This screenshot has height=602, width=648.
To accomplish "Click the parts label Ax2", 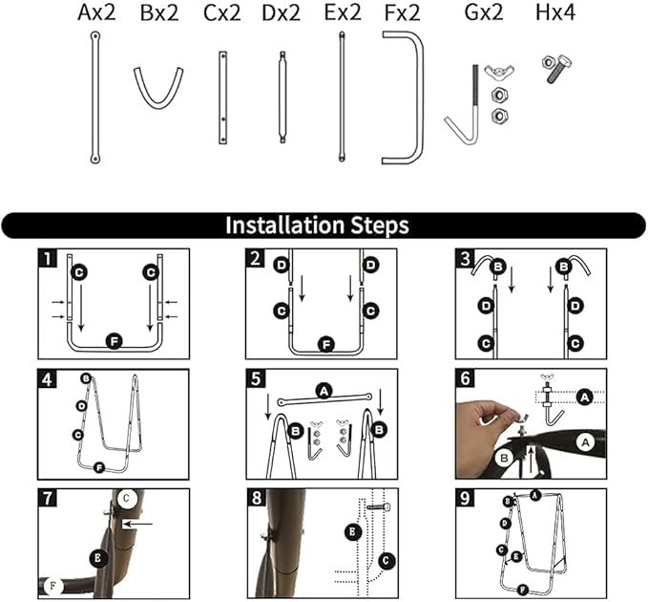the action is click(x=96, y=12).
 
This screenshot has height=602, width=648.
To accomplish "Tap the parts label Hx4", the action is click(x=555, y=12).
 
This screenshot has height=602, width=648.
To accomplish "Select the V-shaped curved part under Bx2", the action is click(x=158, y=88).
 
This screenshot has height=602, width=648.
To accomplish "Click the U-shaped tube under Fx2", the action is click(x=403, y=97).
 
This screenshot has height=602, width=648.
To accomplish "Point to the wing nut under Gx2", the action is click(x=499, y=70).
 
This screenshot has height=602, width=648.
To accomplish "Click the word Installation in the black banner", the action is click(x=284, y=226).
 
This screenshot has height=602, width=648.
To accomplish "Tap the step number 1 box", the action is click(x=48, y=258).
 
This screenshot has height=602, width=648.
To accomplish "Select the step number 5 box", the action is click(x=256, y=378).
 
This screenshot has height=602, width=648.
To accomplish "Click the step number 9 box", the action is click(x=465, y=498).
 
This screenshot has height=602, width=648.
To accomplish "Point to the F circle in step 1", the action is click(x=114, y=342).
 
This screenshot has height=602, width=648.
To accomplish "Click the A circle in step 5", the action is click(x=324, y=391).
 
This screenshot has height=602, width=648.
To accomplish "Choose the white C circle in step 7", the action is click(x=126, y=498).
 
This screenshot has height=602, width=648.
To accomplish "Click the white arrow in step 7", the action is click(x=137, y=525).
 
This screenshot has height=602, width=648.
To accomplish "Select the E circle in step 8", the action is click(x=353, y=531).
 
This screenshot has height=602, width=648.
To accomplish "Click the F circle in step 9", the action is click(x=523, y=590).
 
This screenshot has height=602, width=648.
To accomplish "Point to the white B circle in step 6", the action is click(x=504, y=458).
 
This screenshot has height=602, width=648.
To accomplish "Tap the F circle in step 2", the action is click(x=327, y=344).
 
